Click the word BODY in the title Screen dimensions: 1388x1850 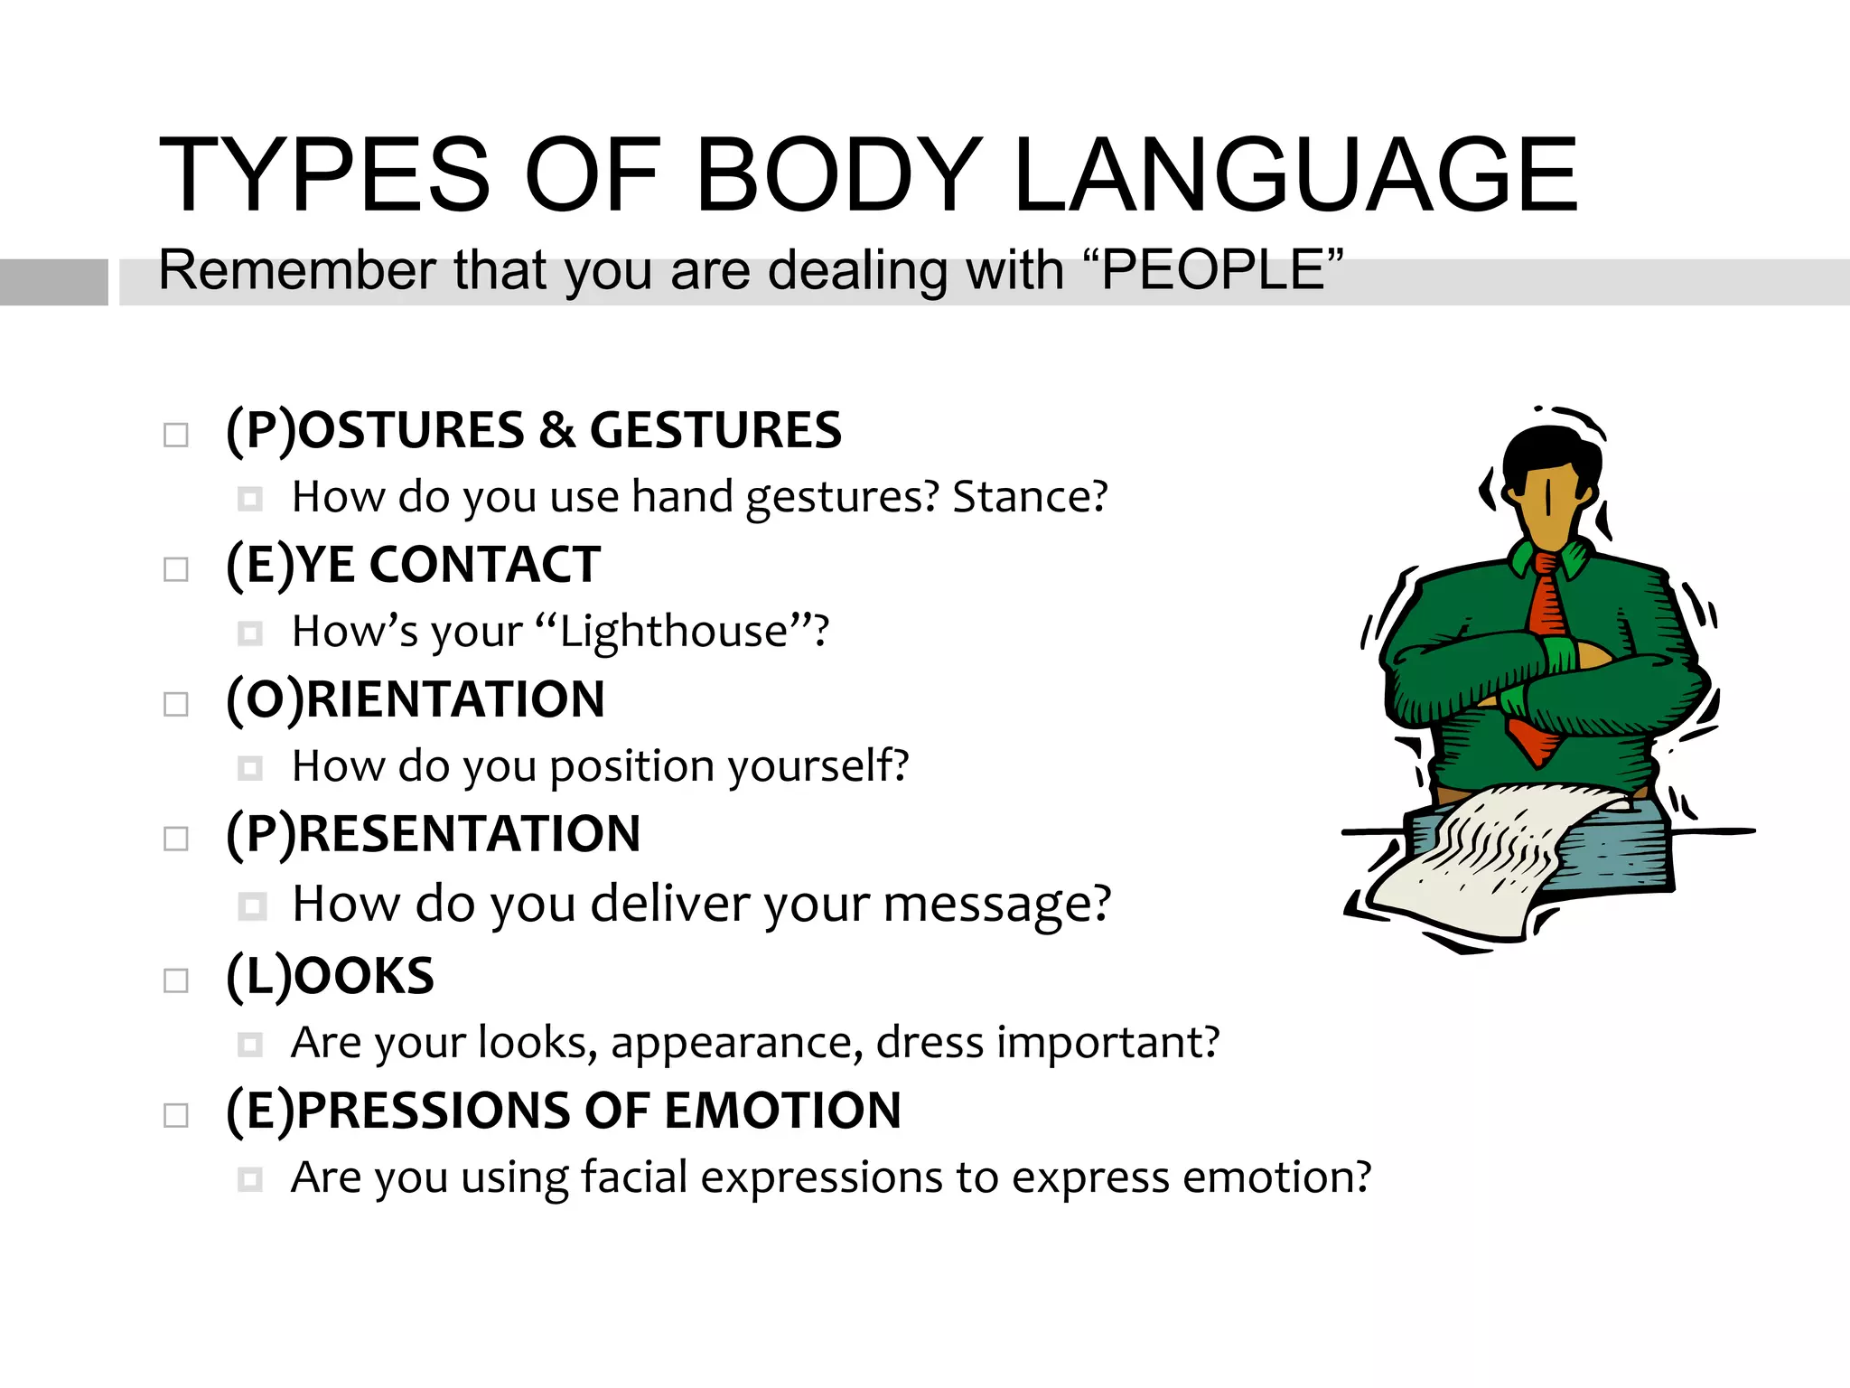(839, 175)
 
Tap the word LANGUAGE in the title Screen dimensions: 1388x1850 (1295, 175)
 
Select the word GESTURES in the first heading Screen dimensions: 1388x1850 (715, 430)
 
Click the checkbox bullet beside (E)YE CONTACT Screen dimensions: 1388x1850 (176, 569)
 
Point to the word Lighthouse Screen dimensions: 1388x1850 (674, 631)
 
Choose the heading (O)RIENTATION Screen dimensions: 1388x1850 (416, 699)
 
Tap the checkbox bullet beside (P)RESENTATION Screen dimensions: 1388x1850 (176, 839)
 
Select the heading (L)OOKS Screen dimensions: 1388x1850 (331, 976)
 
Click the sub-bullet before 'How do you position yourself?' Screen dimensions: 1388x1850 (250, 768)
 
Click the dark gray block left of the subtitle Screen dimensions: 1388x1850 (53, 282)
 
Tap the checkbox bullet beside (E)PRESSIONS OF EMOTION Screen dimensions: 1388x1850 (176, 1115)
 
